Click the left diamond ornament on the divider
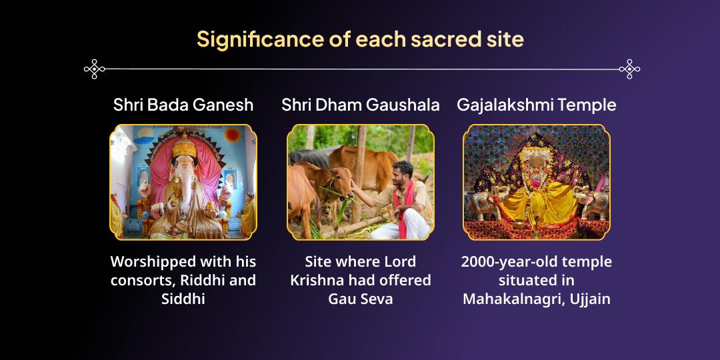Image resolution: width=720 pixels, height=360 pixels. tap(95, 69)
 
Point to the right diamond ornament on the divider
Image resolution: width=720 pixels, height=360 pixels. tap(629, 69)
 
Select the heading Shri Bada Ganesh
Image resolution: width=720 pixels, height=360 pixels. tap(183, 105)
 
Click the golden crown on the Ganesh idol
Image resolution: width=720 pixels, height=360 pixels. tap(184, 143)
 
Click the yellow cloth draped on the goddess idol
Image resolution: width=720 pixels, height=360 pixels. tap(537, 200)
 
